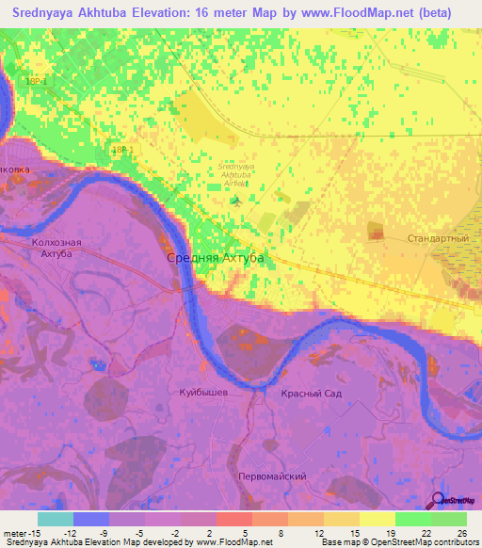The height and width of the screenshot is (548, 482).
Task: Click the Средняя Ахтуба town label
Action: click(x=215, y=257)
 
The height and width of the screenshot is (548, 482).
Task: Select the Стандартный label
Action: click(x=438, y=238)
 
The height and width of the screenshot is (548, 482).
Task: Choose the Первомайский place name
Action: click(x=271, y=476)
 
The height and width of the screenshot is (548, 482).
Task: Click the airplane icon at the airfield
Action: click(x=236, y=198)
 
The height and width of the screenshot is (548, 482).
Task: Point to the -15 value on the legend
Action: click(x=35, y=533)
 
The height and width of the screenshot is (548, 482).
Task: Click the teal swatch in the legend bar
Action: click(x=56, y=519)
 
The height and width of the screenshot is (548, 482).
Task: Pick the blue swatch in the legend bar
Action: click(x=91, y=519)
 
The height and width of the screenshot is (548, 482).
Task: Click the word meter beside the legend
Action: click(x=15, y=533)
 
